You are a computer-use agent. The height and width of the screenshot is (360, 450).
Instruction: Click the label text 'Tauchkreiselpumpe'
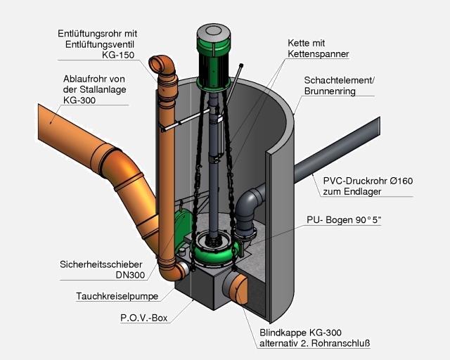(117, 296)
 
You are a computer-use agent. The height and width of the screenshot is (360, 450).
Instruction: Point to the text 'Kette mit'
(307, 42)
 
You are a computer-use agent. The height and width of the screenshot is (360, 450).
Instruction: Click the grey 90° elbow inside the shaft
(248, 211)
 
